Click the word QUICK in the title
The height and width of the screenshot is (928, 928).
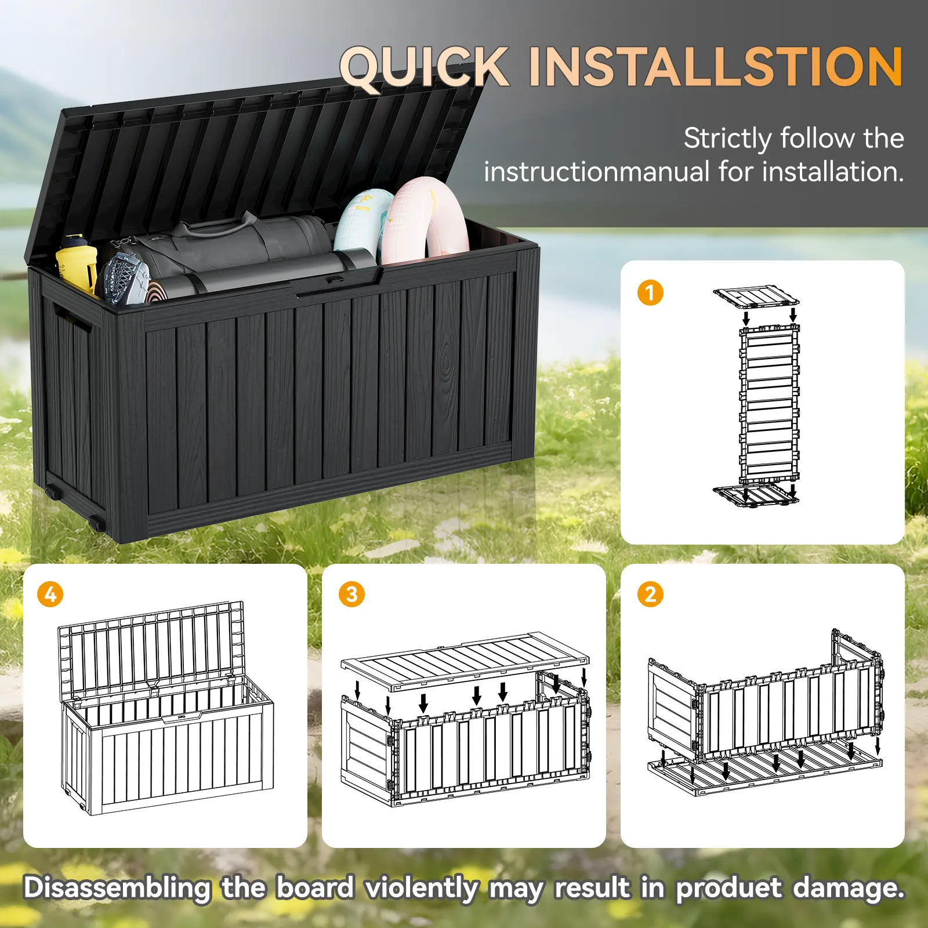pyautogui.click(x=425, y=68)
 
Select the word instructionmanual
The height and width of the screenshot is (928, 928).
pyautogui.click(x=597, y=172)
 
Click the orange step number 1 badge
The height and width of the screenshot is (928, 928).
pyautogui.click(x=650, y=293)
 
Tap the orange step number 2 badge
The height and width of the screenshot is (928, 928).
pyautogui.click(x=650, y=594)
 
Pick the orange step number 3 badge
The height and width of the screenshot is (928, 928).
pyautogui.click(x=351, y=594)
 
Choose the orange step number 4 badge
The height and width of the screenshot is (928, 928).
pyautogui.click(x=50, y=594)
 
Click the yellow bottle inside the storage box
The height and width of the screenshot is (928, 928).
pyautogui.click(x=77, y=263)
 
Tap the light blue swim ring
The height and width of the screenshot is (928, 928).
pyautogui.click(x=362, y=223)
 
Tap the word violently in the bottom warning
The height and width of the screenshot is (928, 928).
pyautogui.click(x=422, y=889)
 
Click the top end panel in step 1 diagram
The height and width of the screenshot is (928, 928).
pyautogui.click(x=756, y=296)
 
